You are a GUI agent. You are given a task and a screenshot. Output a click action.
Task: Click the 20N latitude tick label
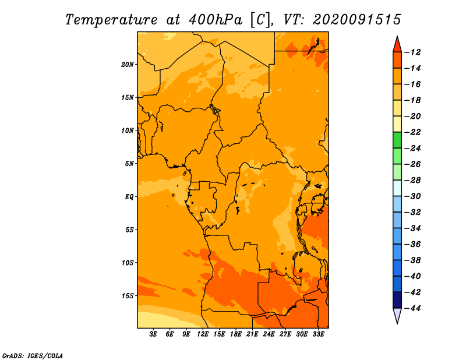tap(127, 65)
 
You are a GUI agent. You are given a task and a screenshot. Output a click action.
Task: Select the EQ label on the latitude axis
tap(129, 197)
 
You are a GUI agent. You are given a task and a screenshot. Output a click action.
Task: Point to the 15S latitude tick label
tap(127, 296)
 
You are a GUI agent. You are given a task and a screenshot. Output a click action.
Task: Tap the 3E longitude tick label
tap(153, 334)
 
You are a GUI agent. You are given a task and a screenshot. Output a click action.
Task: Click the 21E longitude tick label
tap(252, 334)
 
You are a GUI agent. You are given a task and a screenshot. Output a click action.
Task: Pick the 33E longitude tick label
tap(318, 334)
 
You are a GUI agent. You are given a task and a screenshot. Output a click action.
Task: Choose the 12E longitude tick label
tap(203, 334)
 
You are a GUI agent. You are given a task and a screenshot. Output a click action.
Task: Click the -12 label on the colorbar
tap(413, 52)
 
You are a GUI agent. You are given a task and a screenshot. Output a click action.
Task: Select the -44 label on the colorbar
tap(413, 308)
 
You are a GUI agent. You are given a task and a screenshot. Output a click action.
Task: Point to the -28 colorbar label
tap(413, 181)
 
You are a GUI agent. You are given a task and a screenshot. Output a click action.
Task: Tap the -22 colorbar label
tap(413, 132)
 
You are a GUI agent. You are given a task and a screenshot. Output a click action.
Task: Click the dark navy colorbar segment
tap(397, 300)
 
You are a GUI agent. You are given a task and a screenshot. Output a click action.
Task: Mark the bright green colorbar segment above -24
tap(397, 140)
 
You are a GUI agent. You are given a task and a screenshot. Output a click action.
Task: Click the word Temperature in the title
tap(111, 20)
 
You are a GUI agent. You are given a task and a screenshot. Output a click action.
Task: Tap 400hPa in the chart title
tap(216, 20)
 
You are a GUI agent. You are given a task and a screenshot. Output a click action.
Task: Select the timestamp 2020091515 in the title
tap(357, 20)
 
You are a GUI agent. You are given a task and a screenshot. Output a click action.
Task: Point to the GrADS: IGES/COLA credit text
tap(33, 355)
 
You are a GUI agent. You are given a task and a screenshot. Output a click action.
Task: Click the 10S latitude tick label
tap(127, 263)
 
